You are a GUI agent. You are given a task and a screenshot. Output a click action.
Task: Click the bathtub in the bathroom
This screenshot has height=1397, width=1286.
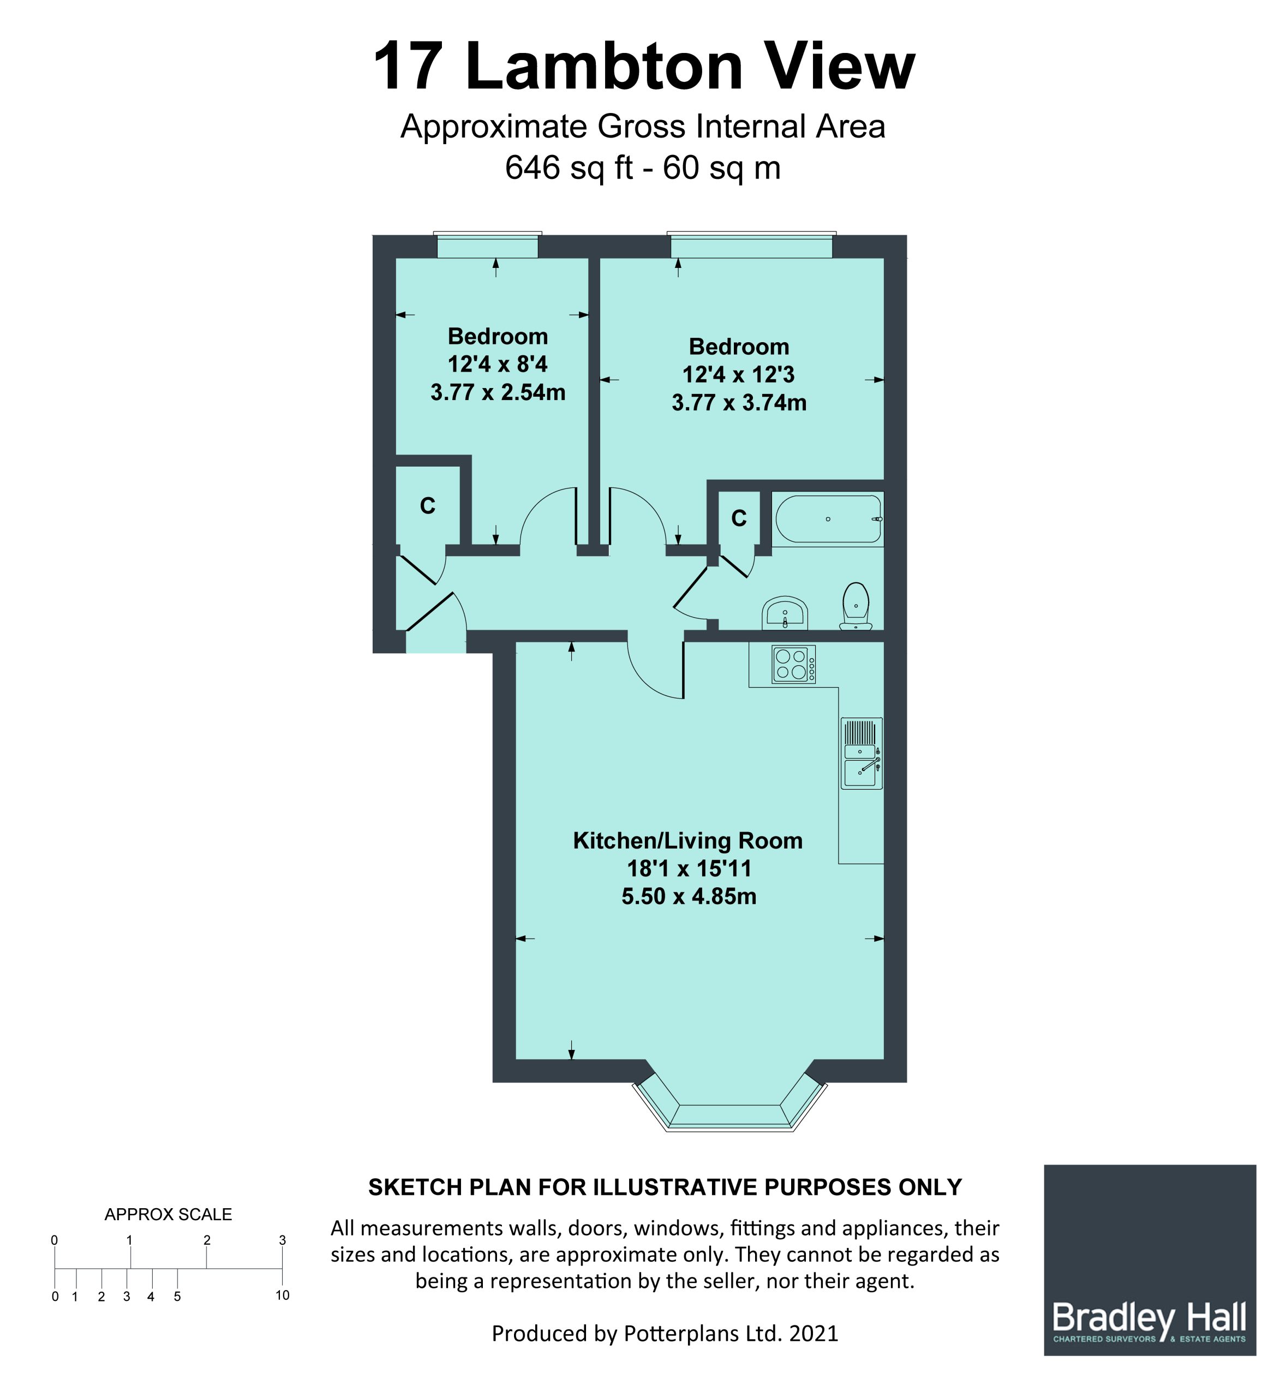[828, 520]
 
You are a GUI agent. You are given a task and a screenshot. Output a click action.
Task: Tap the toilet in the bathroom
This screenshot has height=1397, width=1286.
[856, 606]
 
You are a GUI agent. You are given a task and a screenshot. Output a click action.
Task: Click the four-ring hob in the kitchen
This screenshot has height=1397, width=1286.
[793, 664]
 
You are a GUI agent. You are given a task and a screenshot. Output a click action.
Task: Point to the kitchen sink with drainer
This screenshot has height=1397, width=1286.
[862, 753]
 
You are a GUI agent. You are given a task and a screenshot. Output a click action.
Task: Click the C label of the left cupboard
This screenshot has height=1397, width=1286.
[427, 506]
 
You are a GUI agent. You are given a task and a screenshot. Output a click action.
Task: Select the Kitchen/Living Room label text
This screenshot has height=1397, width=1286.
[687, 841]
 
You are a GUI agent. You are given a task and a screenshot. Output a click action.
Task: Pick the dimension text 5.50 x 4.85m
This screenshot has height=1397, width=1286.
[689, 897]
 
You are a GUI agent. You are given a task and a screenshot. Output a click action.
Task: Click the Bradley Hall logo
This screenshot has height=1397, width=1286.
[1150, 1260]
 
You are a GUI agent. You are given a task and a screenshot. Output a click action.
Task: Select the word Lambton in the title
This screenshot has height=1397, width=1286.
[604, 66]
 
